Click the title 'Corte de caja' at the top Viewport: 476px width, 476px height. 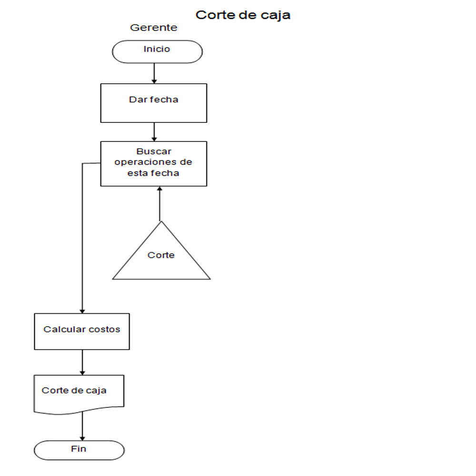243,15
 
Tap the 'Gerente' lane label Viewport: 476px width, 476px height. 154,28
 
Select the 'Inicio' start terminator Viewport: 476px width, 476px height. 157,51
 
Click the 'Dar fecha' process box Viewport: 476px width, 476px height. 154,103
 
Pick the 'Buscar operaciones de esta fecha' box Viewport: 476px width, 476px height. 154,163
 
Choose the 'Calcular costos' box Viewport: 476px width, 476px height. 82,331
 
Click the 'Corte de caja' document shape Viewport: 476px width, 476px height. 79,393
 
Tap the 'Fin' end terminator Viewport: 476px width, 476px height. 79,450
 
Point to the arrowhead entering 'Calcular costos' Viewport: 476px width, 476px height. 82,310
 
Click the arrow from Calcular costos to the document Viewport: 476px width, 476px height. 82,362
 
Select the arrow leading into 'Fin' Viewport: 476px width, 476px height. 82,426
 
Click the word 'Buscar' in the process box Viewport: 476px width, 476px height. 154,152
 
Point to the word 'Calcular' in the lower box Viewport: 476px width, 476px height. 62,329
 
